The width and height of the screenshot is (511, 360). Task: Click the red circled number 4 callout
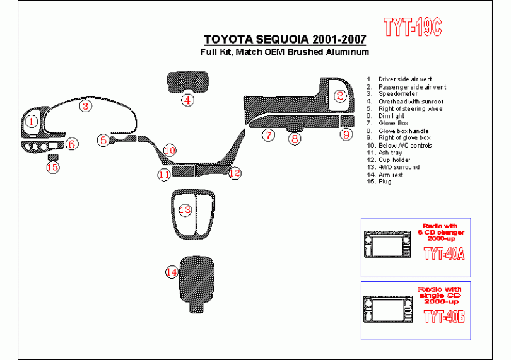pyautogui.click(x=187, y=100)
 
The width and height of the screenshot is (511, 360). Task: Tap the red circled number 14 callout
pyautogui.click(x=172, y=272)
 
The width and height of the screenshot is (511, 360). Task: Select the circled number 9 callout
pyautogui.click(x=346, y=134)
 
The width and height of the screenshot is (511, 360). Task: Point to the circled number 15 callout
pyautogui.click(x=53, y=168)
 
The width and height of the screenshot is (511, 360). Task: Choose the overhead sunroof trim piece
pyautogui.click(x=187, y=82)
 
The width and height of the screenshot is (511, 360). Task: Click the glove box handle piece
pyautogui.click(x=294, y=126)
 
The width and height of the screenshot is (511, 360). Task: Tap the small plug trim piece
pyautogui.click(x=53, y=158)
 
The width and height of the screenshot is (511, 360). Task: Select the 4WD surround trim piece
pyautogui.click(x=193, y=214)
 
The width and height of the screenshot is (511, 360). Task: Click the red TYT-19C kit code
pyautogui.click(x=413, y=26)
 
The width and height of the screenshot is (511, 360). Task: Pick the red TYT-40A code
pyautogui.click(x=444, y=253)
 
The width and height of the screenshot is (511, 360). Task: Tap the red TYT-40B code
pyautogui.click(x=444, y=316)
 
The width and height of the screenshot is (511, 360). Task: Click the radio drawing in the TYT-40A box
pyautogui.click(x=387, y=244)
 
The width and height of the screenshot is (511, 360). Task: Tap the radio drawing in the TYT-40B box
pyautogui.click(x=388, y=309)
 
